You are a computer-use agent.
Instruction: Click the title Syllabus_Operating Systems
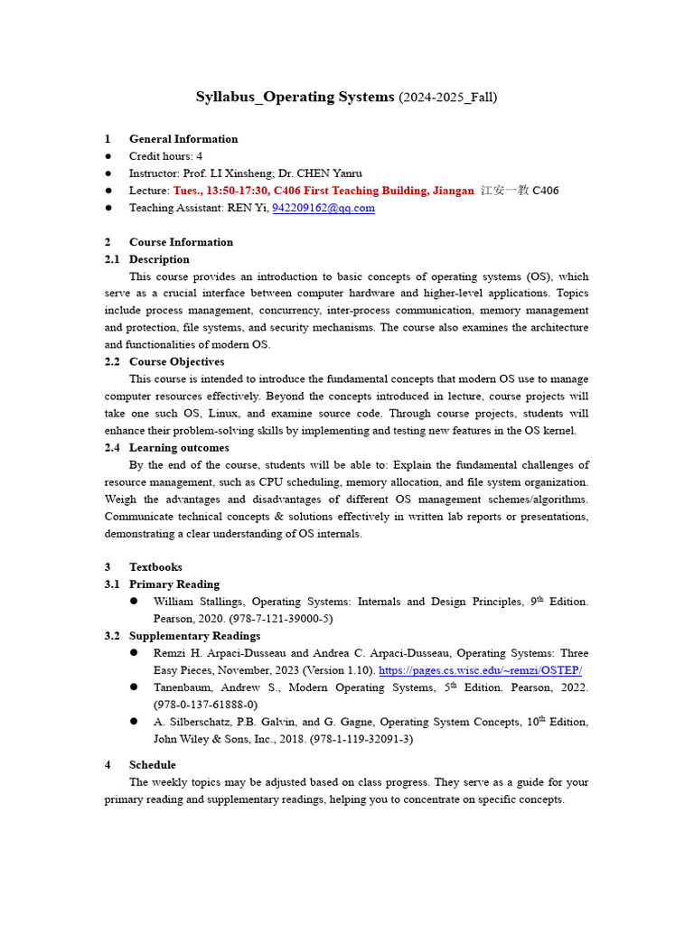[x=295, y=97]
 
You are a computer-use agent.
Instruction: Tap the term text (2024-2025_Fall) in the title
[x=447, y=97]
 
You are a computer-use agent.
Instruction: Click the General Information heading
[x=183, y=139]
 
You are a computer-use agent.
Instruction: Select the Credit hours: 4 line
[x=165, y=156]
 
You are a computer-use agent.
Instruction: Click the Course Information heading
[x=181, y=242]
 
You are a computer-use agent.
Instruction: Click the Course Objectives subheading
[x=176, y=362]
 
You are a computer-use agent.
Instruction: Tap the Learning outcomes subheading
[x=179, y=448]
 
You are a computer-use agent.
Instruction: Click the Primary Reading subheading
[x=173, y=584]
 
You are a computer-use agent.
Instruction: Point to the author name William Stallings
[x=198, y=602]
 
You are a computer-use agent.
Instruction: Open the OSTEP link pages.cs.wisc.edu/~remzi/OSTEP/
[x=480, y=670]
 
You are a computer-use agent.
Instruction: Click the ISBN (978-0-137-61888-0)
[x=205, y=705]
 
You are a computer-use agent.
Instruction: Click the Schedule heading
[x=152, y=765]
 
